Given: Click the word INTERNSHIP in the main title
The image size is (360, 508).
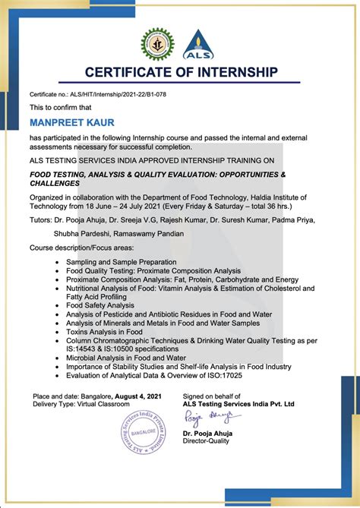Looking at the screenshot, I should coord(235,73).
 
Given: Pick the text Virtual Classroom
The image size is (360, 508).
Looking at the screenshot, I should coord(107,405).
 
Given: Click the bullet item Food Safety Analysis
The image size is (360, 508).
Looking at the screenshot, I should coord(99,305).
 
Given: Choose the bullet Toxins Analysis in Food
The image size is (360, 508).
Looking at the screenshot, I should coord(104,331).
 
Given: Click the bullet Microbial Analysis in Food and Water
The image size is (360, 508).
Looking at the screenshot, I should coord(125,357).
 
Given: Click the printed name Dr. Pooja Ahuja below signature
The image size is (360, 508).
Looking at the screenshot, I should coord(207,434).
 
